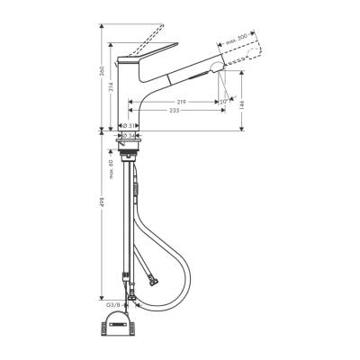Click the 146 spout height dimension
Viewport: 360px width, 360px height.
[x=252, y=103]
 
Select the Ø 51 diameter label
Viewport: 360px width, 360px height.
[x=130, y=125]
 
